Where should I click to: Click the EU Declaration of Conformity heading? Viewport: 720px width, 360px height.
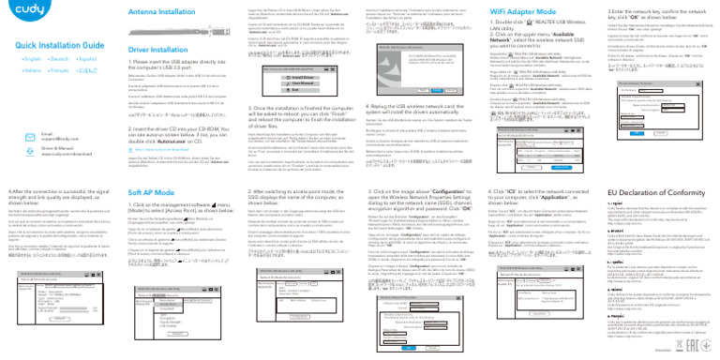[637, 192]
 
